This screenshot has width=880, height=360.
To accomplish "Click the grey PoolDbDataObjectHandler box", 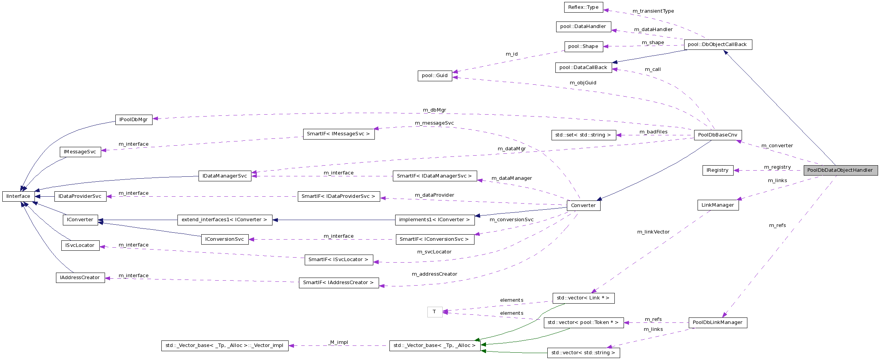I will (x=840, y=170).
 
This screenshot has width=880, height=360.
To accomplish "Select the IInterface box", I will (x=18, y=196).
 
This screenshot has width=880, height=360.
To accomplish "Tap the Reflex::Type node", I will (x=583, y=7).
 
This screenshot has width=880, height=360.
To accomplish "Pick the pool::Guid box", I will (x=435, y=76).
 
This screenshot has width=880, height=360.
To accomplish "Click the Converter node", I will (x=583, y=205).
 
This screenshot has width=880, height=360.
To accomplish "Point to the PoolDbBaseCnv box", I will (x=717, y=135).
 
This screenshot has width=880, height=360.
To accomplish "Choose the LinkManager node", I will (x=717, y=205).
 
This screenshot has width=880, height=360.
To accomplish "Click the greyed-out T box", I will (x=435, y=312).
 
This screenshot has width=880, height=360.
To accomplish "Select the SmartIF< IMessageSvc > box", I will (x=338, y=134).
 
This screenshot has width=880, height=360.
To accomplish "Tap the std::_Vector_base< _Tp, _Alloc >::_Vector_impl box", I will (x=225, y=345).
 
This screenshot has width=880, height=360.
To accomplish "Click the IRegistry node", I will (x=717, y=170).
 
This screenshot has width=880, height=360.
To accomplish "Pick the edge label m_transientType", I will (x=653, y=11).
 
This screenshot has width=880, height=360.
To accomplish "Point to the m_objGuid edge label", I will (x=583, y=83).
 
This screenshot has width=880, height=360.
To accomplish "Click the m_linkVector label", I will (x=653, y=232).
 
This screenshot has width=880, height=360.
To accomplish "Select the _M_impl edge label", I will (x=338, y=342).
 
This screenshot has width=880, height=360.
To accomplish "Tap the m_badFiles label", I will (x=653, y=132).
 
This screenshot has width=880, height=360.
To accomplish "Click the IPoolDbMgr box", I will (x=133, y=120).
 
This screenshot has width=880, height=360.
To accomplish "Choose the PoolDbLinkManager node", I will (x=717, y=322).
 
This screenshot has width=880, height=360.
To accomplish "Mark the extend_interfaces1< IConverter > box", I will (x=225, y=220).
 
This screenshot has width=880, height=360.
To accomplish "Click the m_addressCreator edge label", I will (x=434, y=274).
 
